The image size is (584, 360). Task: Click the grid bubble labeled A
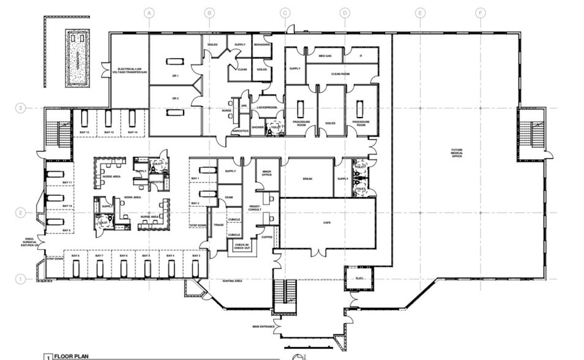148,12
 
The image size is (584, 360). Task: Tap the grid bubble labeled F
480,12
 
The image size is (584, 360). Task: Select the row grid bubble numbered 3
20,108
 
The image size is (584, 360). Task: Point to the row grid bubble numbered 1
20,279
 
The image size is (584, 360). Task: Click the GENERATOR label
78,59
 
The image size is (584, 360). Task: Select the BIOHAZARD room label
261,45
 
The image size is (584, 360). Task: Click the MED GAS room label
324,56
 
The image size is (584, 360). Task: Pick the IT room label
361,56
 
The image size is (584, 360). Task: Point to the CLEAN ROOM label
340,73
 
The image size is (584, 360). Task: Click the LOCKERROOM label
268,107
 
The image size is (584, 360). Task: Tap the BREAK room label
308,179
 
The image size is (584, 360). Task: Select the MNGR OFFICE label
267,173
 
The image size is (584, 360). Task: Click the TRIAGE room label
218,225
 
